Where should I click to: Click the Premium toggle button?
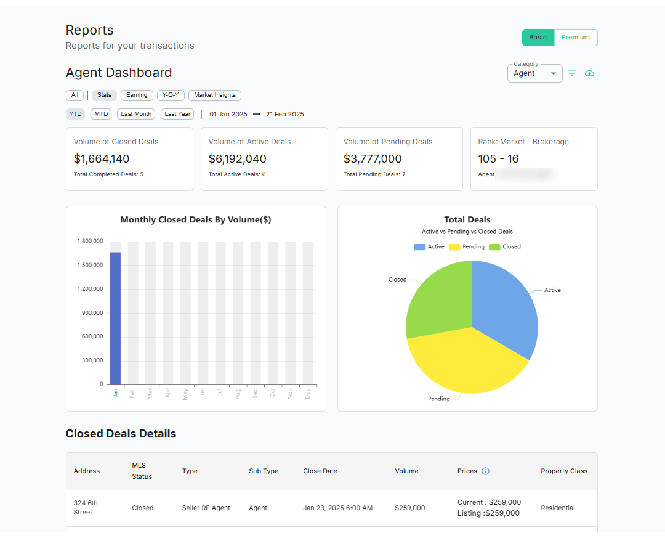coord(576,38)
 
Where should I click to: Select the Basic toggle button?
coord(538,38)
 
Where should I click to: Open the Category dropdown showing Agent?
coord(534,73)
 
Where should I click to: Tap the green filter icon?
coord(572,73)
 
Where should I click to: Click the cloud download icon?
coord(589,73)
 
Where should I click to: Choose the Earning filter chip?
coord(137,95)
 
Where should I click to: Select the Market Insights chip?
coord(215,95)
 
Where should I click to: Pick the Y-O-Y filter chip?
coord(171,95)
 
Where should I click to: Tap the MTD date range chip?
coord(101,114)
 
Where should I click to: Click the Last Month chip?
coord(136,114)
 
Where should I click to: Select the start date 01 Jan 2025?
coord(228,114)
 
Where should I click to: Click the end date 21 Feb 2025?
coord(285,114)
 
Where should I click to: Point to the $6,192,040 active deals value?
coord(238,159)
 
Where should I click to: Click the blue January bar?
coord(115,318)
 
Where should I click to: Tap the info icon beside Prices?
coord(485,471)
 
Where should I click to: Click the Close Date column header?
coord(320,471)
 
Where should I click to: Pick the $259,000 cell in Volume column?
coord(410,508)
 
